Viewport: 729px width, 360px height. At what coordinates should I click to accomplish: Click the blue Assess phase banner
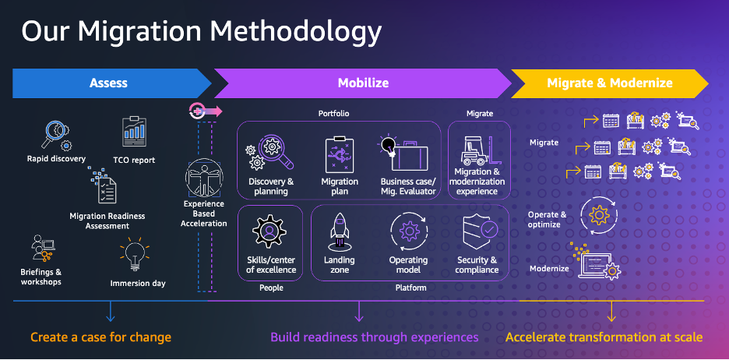(109, 83)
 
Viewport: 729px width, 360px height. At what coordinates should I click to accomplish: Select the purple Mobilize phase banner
(362, 83)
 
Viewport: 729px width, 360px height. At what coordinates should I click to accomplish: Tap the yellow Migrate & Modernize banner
(609, 83)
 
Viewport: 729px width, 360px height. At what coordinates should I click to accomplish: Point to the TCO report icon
(136, 133)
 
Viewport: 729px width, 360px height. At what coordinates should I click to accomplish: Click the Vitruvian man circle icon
(203, 178)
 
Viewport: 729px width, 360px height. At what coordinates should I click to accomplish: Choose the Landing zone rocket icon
(339, 231)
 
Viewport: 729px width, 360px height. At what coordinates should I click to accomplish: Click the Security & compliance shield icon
(477, 231)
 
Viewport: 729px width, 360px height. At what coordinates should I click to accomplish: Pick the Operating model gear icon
(408, 231)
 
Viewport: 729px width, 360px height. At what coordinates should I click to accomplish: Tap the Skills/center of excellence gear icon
(270, 231)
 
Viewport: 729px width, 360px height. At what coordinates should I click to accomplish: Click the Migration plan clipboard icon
(340, 153)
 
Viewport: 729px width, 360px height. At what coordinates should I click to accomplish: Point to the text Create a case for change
(100, 337)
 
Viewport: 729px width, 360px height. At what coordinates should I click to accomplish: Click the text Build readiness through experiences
(374, 337)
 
